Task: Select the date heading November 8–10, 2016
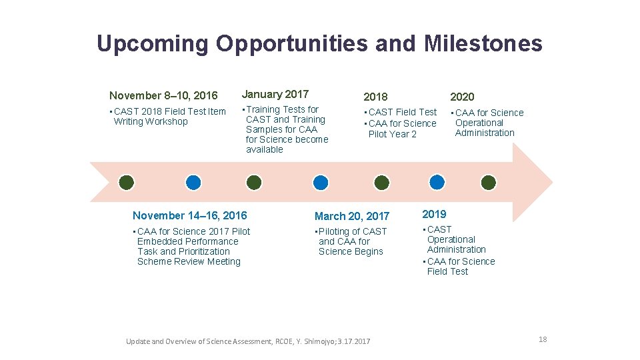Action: pyautogui.click(x=163, y=96)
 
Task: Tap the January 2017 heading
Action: pyautogui.click(x=275, y=94)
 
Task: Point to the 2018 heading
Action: pyautogui.click(x=375, y=97)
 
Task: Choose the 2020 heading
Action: pyautogui.click(x=462, y=97)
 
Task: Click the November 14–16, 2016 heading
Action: pyautogui.click(x=189, y=215)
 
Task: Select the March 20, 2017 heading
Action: pyautogui.click(x=351, y=216)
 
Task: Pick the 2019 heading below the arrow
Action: pyautogui.click(x=434, y=214)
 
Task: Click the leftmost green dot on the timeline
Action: pyautogui.click(x=127, y=182)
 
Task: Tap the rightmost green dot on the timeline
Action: pyautogui.click(x=489, y=182)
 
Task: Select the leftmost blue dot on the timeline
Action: pyautogui.click(x=193, y=182)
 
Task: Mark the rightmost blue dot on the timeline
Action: pyautogui.click(x=437, y=182)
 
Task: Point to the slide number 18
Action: pyautogui.click(x=543, y=339)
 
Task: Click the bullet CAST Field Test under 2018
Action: pyautogui.click(x=402, y=112)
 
